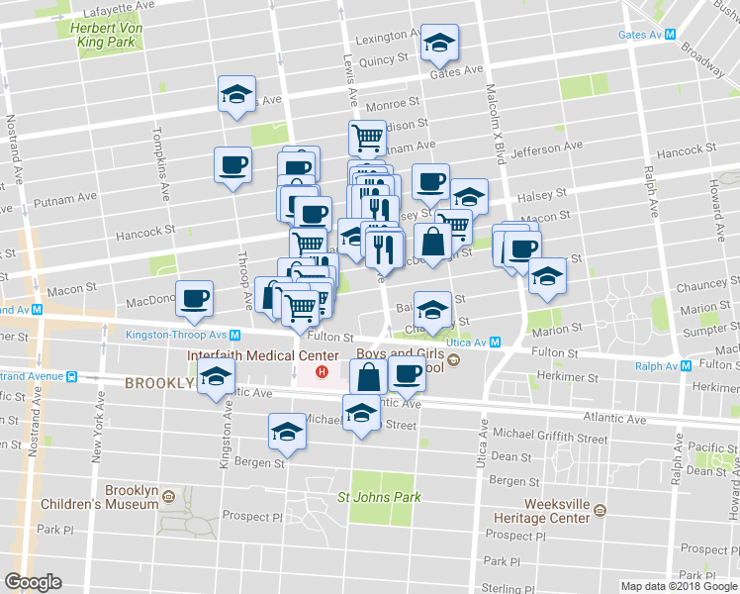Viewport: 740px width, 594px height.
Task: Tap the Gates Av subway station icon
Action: (670, 34)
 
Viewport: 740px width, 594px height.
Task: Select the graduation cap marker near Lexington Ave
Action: (439, 44)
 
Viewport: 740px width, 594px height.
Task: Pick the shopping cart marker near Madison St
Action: (367, 138)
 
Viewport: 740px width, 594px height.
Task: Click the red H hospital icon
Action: (321, 373)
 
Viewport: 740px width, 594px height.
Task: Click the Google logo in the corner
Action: (33, 582)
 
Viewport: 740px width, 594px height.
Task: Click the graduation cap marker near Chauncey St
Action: (546, 277)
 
